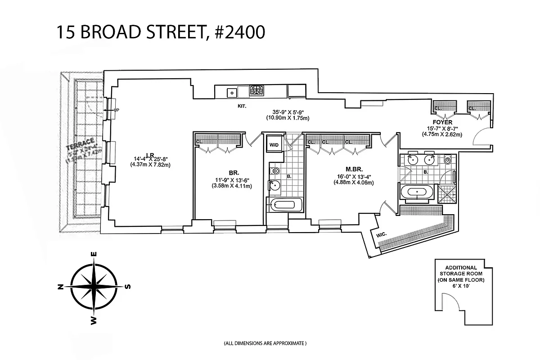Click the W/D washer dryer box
pos(274,145)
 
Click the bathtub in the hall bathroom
pos(284,205)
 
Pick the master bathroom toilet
pos(447,159)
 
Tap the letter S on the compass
pos(128,287)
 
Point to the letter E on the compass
pos(94,254)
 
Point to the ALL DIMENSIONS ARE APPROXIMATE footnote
pos(265,343)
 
